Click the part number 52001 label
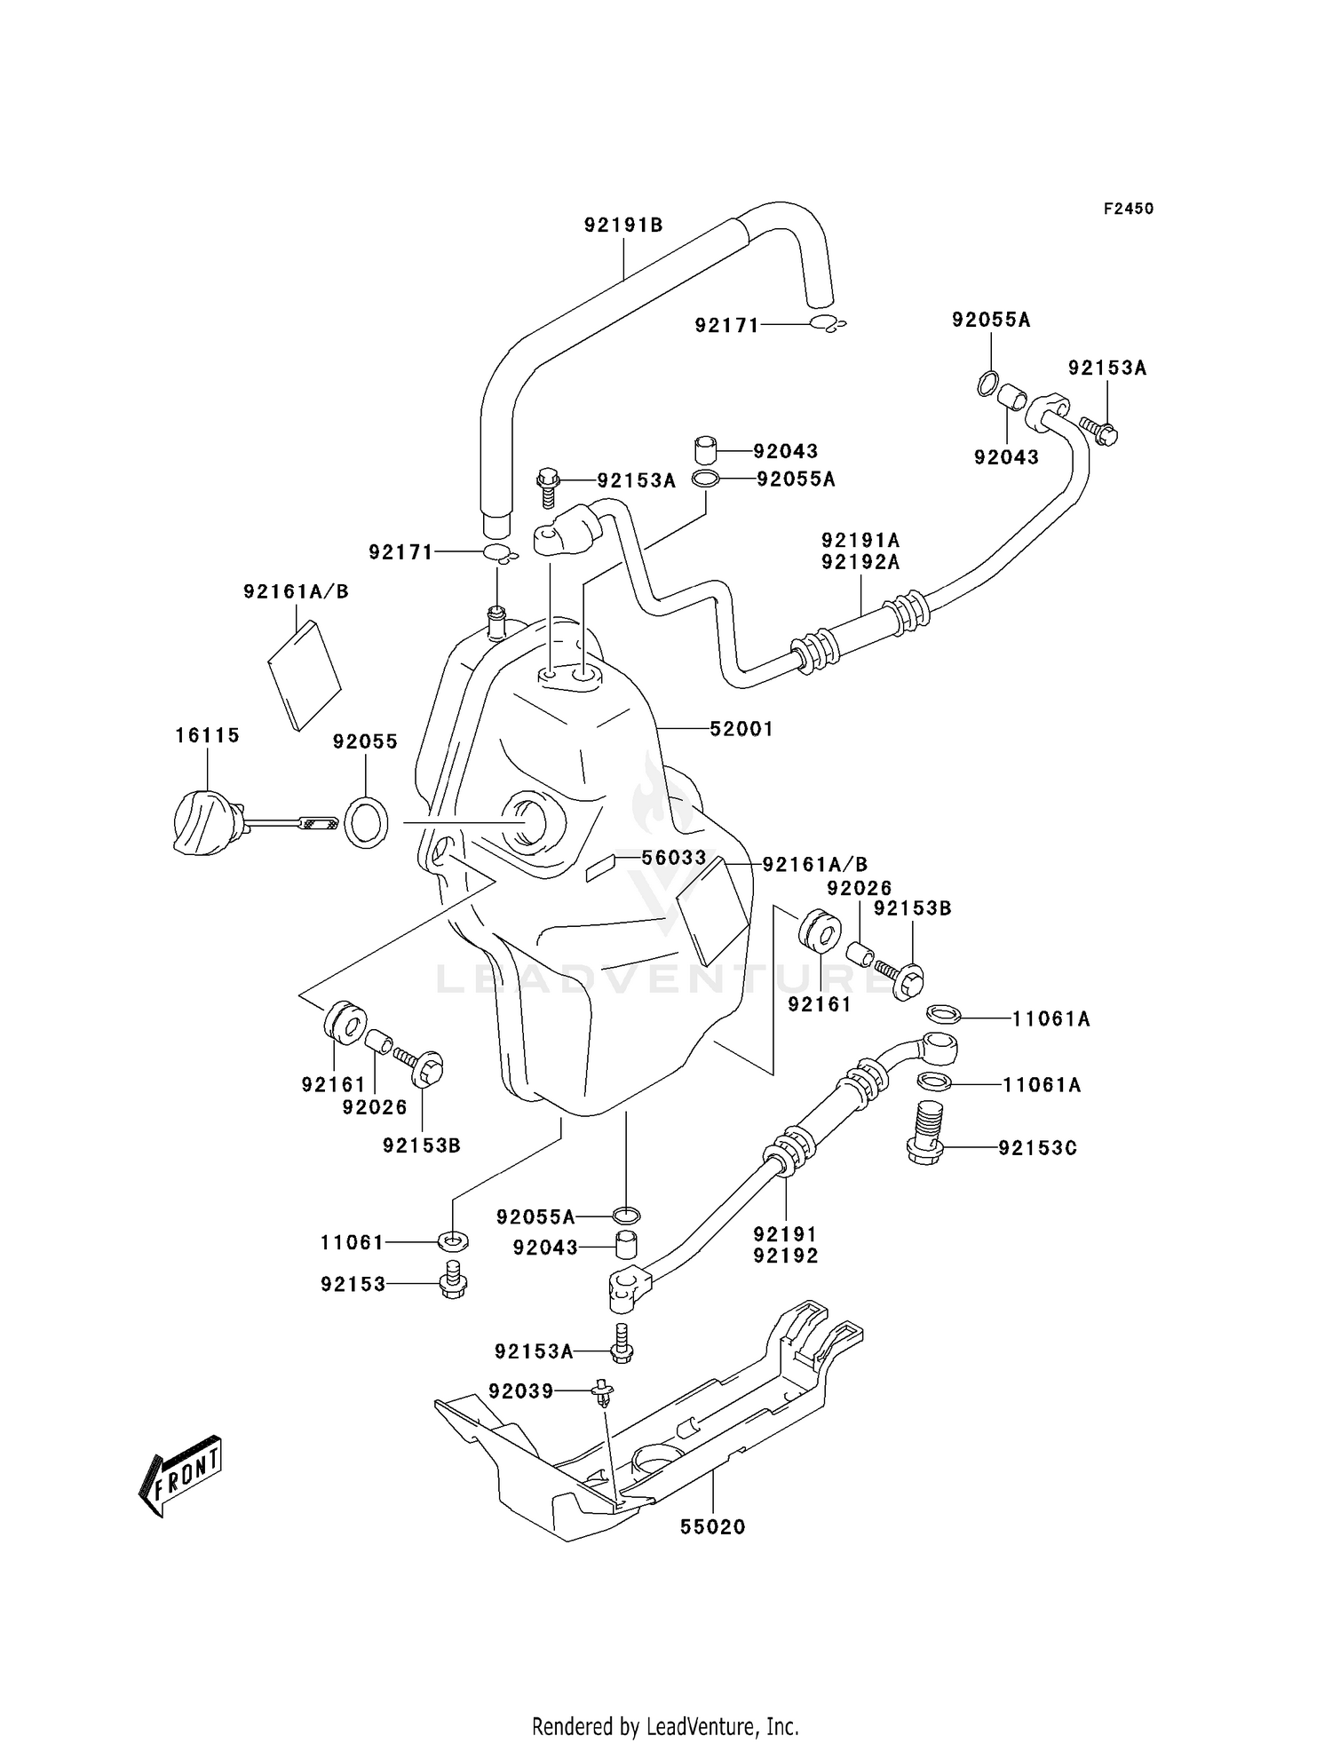pos(741,729)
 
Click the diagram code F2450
pos(1128,209)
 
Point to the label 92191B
pos(623,226)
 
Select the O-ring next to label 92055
pos(366,821)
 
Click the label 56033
pos(674,858)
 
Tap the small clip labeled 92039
pos(604,1393)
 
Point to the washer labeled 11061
pos(454,1240)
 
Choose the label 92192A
pos(860,561)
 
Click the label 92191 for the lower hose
pos(786,1233)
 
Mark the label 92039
pos(520,1390)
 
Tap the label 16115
pos(207,735)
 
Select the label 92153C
pos(1037,1148)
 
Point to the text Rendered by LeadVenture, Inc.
pos(665,1723)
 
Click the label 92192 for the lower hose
pos(786,1256)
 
